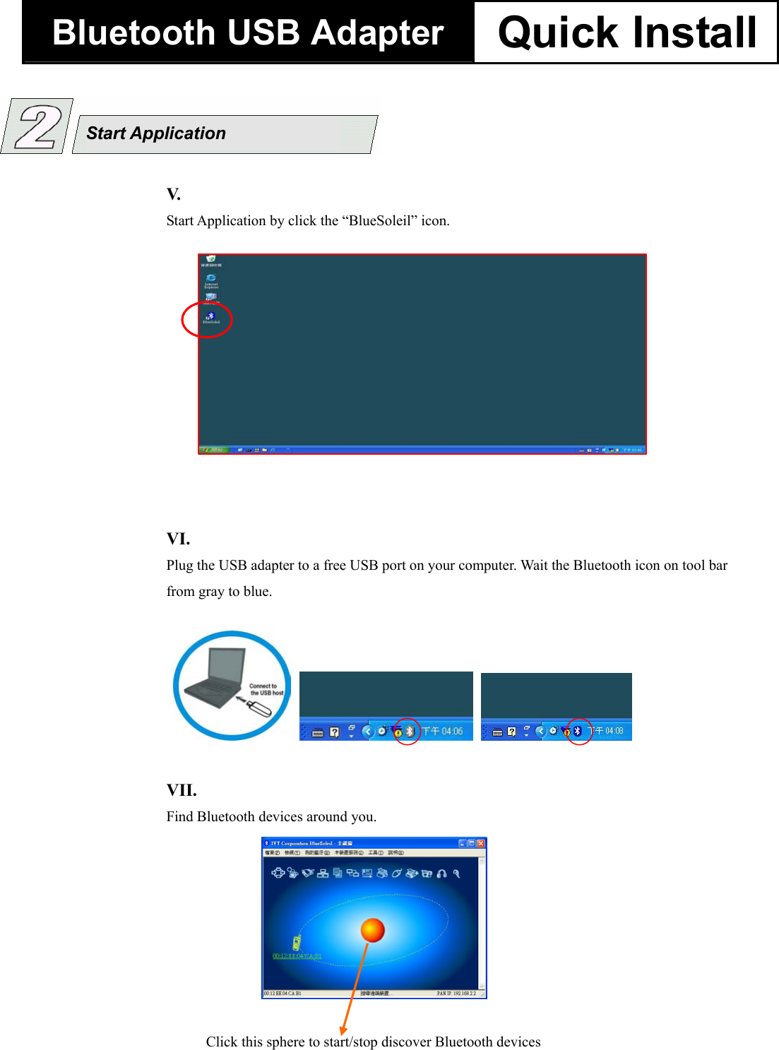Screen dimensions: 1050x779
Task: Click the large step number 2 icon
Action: (37, 126)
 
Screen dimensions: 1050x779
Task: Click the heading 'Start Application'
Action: (156, 133)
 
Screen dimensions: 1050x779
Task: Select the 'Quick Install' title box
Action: (626, 32)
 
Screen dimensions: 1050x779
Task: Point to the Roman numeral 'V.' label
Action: (174, 194)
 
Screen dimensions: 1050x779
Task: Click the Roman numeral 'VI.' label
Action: (178, 539)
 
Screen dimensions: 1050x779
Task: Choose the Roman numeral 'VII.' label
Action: (182, 790)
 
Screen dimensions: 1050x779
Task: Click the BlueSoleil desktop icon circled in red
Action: (210, 317)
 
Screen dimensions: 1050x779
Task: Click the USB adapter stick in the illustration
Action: (258, 708)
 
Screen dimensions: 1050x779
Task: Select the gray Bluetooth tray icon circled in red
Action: (409, 732)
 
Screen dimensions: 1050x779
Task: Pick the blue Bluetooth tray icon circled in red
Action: (577, 731)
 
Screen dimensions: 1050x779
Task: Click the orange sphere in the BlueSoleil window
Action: (372, 930)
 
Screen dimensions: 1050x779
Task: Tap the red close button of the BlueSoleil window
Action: (481, 843)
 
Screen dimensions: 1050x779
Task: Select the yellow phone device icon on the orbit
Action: (297, 942)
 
